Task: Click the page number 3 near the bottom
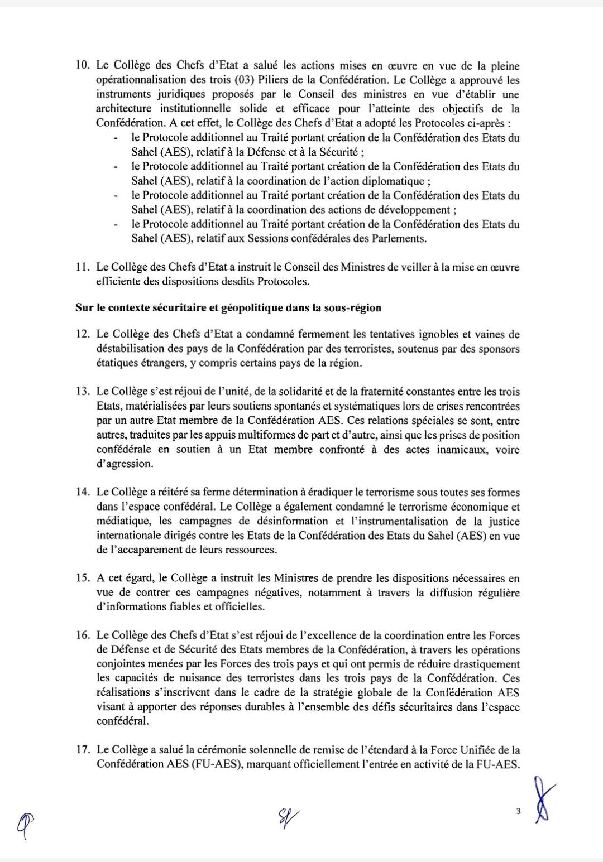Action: [x=518, y=812]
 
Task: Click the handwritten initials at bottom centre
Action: [x=286, y=818]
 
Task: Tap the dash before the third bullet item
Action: [x=116, y=196]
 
